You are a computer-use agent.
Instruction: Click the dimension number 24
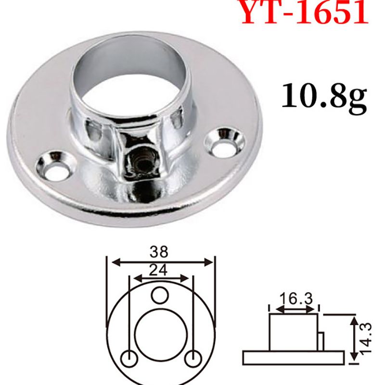click(158, 270)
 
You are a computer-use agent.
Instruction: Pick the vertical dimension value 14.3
click(366, 337)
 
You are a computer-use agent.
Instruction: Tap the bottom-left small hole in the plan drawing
click(129, 359)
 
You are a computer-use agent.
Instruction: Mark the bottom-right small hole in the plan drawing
click(192, 359)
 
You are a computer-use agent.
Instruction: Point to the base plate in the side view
click(294, 357)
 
